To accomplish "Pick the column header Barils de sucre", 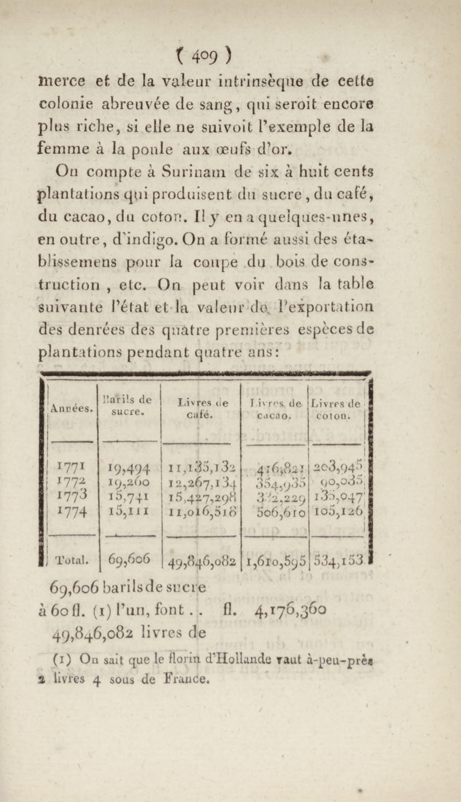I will click(x=128, y=405).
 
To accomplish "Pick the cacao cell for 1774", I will click(x=280, y=512).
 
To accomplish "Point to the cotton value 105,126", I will click(x=338, y=511).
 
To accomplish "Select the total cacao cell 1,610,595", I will click(x=276, y=560).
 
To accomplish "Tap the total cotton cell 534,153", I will click(x=338, y=560).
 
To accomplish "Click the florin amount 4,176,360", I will click(x=290, y=610).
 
